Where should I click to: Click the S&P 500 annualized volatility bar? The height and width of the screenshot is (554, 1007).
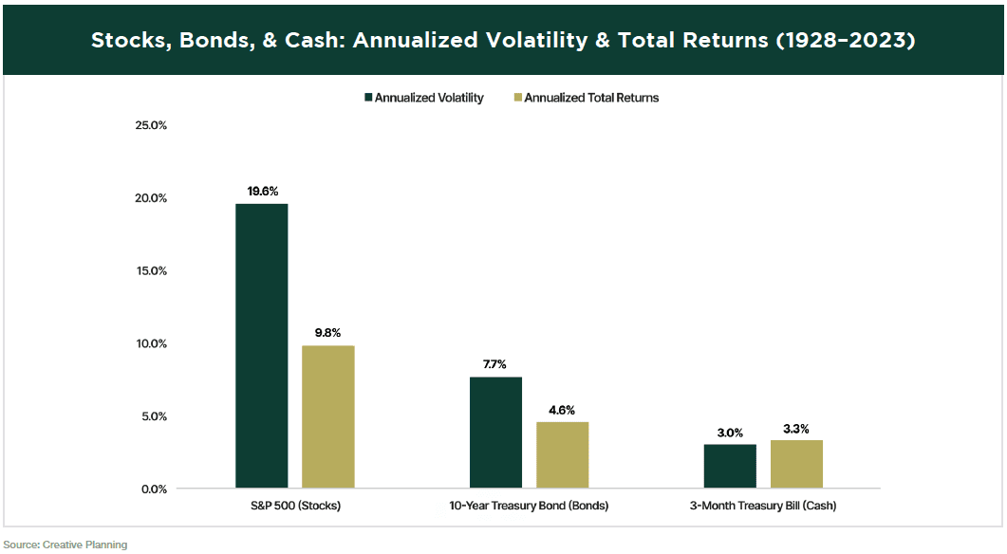pos(262,346)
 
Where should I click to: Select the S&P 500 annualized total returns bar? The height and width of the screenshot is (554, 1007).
pos(328,417)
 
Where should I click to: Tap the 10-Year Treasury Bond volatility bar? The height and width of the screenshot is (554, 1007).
pos(495,433)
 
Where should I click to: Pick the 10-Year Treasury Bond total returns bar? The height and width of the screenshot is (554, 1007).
pos(562,455)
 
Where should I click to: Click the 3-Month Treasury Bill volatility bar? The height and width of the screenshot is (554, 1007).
pos(730,466)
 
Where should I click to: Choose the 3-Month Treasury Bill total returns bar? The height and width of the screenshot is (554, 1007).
pos(796,464)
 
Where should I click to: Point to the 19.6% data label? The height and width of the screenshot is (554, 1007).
pos(262,191)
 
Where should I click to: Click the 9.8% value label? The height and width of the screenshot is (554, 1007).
pos(328,333)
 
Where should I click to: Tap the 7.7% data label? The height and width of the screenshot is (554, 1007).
pos(495,363)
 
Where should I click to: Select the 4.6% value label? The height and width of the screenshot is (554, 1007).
pos(562,409)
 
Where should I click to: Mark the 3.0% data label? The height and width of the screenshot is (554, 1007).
pos(730,432)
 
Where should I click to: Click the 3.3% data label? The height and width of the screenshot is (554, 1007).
pos(796,428)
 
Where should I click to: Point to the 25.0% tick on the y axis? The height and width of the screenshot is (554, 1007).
pos(149,125)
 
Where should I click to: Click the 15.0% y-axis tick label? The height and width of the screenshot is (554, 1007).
pos(149,270)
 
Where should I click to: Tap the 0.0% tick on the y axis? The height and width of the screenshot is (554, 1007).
pos(152,489)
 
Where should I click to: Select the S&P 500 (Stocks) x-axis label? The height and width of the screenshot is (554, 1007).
pos(295,506)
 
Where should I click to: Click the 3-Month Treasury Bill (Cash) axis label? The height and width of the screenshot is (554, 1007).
pos(763,506)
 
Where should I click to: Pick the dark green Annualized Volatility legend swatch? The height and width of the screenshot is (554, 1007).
pos(367,98)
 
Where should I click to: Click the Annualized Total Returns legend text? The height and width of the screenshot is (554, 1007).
pos(590,98)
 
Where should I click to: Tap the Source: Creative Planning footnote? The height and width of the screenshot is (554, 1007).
pos(65,545)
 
